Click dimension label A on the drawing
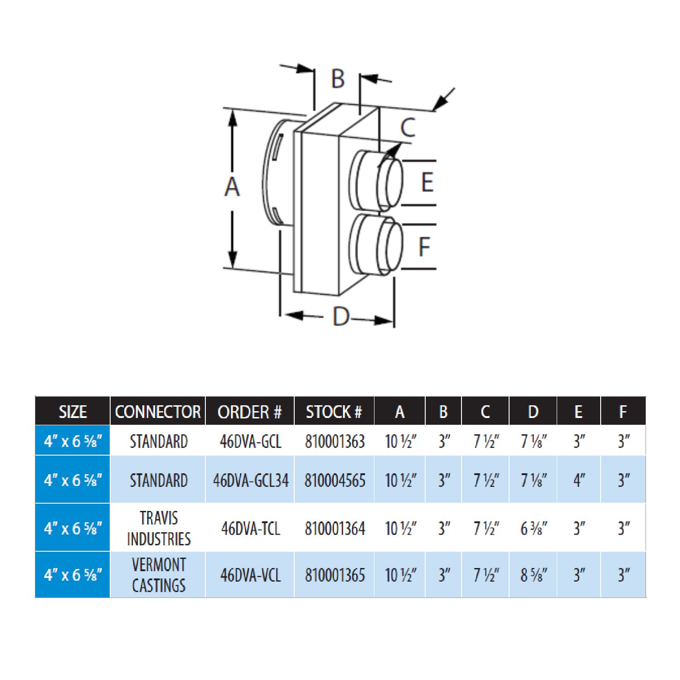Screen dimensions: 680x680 coord(232,187)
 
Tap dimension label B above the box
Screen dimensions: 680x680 coord(338,79)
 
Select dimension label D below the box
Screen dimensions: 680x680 coord(341,316)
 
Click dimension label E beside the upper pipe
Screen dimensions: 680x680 coord(427,182)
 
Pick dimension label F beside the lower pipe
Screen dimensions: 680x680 coord(424,247)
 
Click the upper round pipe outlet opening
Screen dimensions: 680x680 coord(393,182)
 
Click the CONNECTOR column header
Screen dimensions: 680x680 coord(158,412)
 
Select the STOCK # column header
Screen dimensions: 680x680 coord(334,412)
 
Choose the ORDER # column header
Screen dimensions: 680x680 coord(250,412)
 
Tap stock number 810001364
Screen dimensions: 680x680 coord(335,529)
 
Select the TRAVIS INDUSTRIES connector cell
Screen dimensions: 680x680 coord(159,528)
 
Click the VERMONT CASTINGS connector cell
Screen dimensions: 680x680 coord(159,575)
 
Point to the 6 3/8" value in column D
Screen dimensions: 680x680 coord(534,529)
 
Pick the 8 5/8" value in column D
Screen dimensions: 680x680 coord(534,575)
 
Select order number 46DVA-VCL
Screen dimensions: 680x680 coord(251,575)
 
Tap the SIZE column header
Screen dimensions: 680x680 coord(73,412)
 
